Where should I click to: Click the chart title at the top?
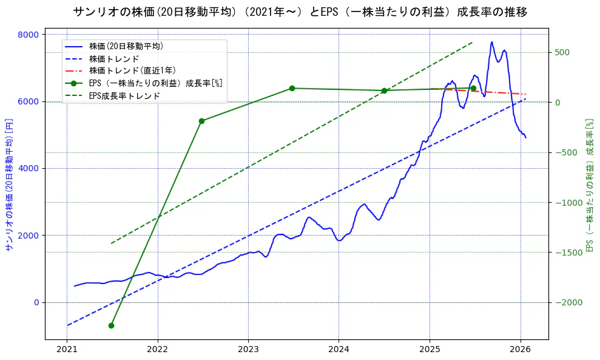coord(300,12)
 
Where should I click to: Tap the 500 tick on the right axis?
coord(561,52)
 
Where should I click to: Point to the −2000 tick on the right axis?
coord(565,302)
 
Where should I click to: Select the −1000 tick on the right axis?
coord(565,202)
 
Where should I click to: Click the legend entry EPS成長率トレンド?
coord(124,95)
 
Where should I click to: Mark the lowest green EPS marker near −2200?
coord(111,325)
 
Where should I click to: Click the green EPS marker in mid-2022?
coord(201,121)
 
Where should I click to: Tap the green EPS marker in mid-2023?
coord(292,88)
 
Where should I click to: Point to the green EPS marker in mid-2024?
coord(384,90)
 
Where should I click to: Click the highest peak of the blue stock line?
coord(491,42)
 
